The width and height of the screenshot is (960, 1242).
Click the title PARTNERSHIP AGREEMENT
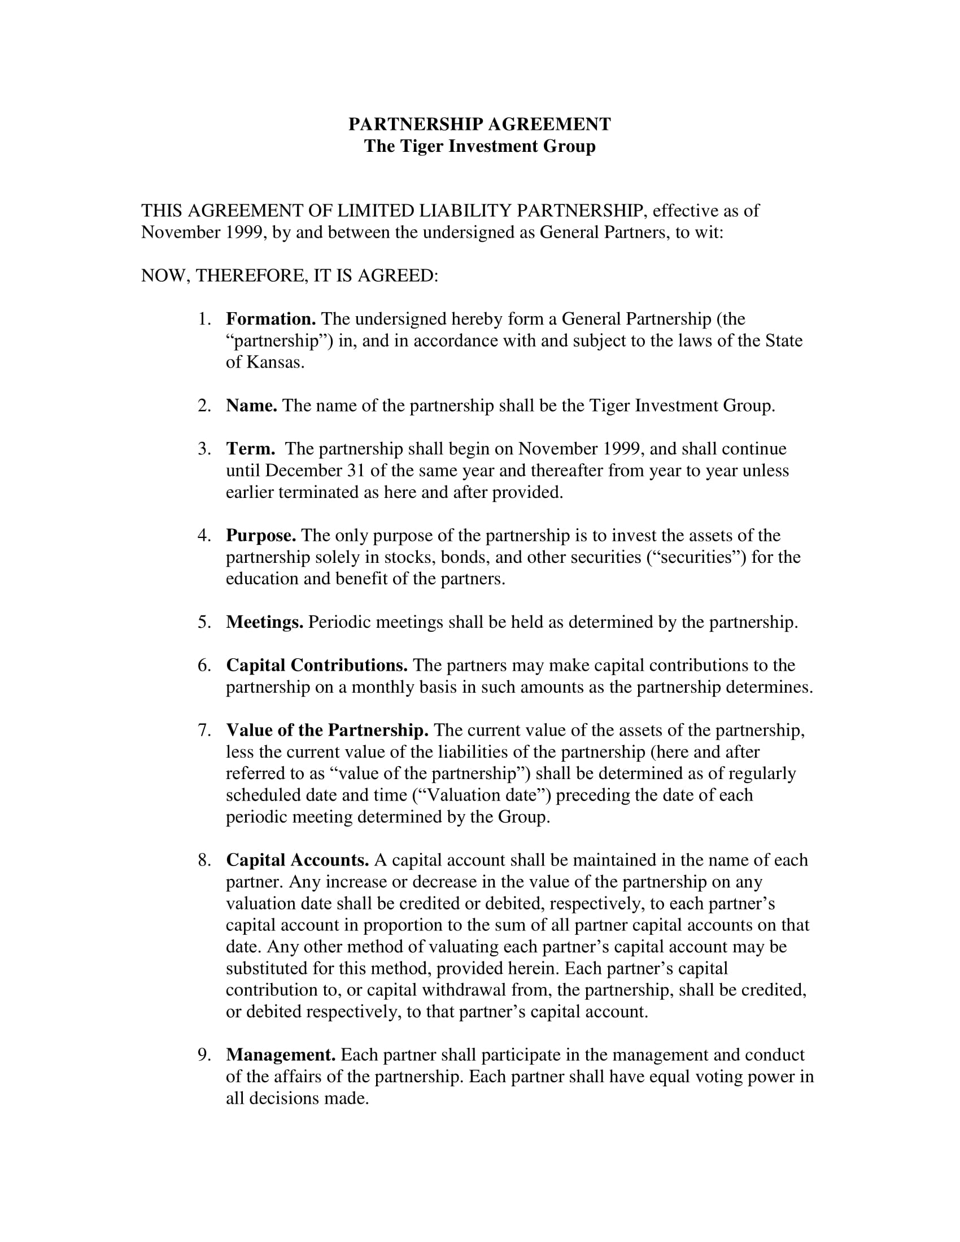(x=479, y=124)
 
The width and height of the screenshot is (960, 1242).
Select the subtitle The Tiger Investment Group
(x=479, y=146)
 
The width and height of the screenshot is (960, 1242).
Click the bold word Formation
(x=270, y=319)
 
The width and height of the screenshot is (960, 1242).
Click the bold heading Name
(x=251, y=405)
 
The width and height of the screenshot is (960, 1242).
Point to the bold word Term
(x=250, y=449)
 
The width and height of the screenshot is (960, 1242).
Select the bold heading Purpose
(x=261, y=535)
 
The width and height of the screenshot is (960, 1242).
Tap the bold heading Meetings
(x=264, y=622)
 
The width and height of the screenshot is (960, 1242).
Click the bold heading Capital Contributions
(x=317, y=666)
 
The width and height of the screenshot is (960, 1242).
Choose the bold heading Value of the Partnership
(x=327, y=730)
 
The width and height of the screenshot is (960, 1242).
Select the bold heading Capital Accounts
(x=298, y=860)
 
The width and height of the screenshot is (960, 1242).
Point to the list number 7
(x=204, y=730)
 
